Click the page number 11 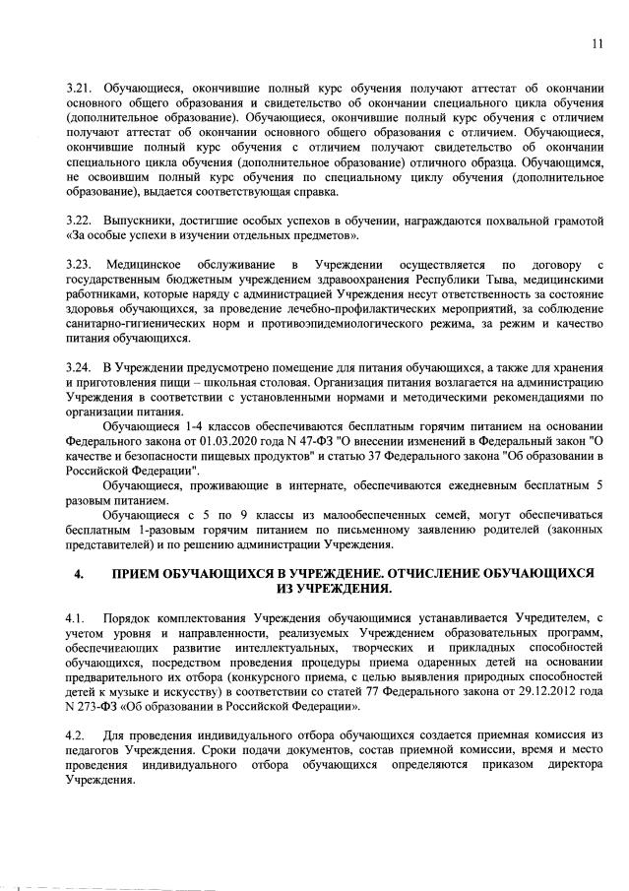click(x=598, y=42)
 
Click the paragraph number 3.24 click(x=77, y=366)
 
